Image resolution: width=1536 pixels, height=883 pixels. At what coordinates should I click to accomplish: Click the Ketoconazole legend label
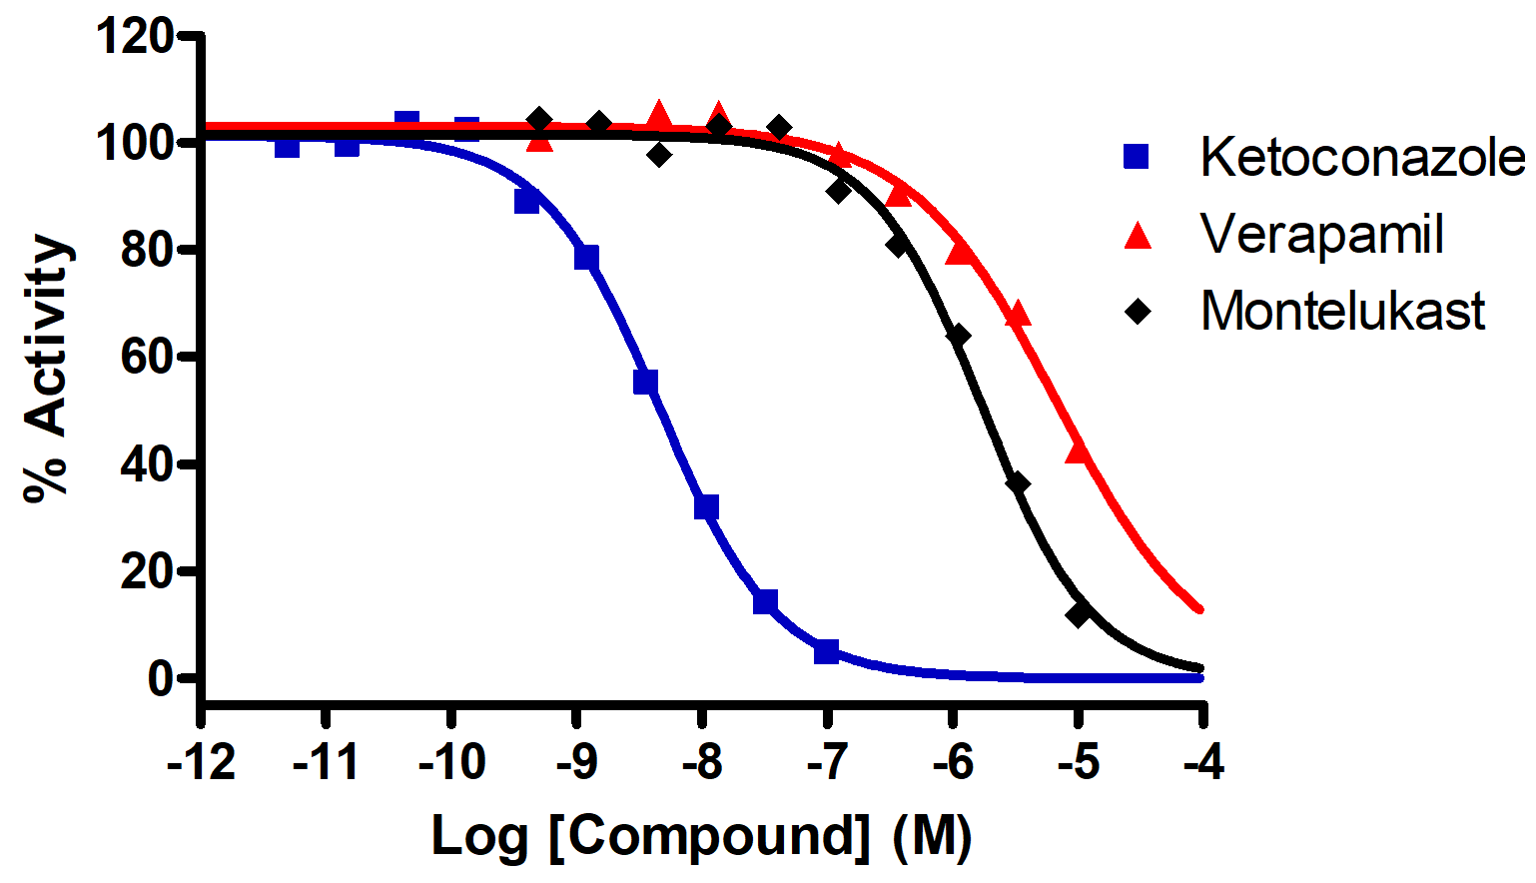click(x=1362, y=158)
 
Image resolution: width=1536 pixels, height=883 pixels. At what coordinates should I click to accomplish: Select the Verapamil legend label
click(x=1321, y=235)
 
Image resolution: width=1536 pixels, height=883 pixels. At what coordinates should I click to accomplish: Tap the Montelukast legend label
click(x=1342, y=311)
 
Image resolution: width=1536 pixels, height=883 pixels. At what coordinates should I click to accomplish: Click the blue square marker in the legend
click(x=1137, y=157)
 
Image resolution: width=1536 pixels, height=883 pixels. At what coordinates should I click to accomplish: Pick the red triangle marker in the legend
click(x=1138, y=236)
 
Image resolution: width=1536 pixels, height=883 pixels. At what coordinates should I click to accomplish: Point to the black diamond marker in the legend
click(x=1138, y=311)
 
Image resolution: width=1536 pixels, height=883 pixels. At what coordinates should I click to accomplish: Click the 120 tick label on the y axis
click(x=134, y=38)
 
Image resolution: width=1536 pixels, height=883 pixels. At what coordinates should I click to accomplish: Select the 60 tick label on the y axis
click(x=146, y=357)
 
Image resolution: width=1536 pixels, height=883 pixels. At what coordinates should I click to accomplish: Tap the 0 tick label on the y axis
click(x=160, y=679)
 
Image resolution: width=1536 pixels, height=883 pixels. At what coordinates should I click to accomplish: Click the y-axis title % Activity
click(x=48, y=367)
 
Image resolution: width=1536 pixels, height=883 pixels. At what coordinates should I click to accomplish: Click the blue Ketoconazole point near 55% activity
click(x=646, y=382)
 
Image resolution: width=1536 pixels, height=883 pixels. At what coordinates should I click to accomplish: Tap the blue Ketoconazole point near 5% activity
click(x=826, y=652)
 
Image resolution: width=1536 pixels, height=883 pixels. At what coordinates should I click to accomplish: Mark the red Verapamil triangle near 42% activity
click(x=1078, y=451)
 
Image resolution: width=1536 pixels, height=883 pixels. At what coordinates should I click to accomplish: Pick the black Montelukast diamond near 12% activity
click(x=1078, y=614)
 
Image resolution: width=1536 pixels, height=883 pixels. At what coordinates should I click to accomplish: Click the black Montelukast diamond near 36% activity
click(x=1018, y=484)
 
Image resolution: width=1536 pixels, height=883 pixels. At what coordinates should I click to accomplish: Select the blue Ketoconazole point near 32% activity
click(x=706, y=507)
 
